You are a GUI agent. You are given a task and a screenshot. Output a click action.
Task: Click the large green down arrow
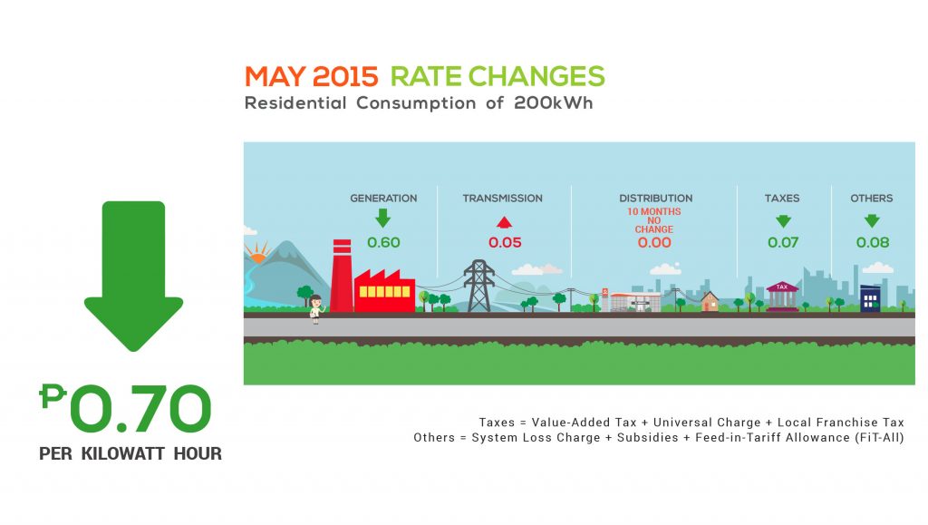[134, 276]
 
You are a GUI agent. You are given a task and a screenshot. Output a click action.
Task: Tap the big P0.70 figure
[125, 408]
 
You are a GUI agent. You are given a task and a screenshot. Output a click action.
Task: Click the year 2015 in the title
[345, 77]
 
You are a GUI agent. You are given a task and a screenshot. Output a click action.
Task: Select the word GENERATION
[383, 199]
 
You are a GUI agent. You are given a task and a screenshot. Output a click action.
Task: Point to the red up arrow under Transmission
[504, 222]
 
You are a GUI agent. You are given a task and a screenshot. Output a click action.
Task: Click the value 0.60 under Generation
[383, 242]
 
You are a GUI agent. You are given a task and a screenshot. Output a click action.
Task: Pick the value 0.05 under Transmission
[505, 242]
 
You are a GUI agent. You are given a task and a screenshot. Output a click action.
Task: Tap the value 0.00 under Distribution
[654, 242]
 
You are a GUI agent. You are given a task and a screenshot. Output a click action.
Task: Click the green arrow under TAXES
[783, 221]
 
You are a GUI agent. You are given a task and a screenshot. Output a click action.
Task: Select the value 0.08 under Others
[873, 242]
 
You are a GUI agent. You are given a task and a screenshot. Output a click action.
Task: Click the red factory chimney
[342, 276]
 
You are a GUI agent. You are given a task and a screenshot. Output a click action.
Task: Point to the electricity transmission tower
[478, 286]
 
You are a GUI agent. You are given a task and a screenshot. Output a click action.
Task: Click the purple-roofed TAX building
[782, 296]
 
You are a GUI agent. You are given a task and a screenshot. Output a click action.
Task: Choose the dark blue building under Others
[870, 299]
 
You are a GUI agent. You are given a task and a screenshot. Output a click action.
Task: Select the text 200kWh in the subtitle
[554, 103]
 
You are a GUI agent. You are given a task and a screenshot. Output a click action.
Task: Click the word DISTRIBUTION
[656, 199]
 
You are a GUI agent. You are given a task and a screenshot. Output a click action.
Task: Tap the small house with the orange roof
[710, 301]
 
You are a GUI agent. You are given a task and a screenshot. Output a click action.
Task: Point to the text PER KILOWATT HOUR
[130, 454]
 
